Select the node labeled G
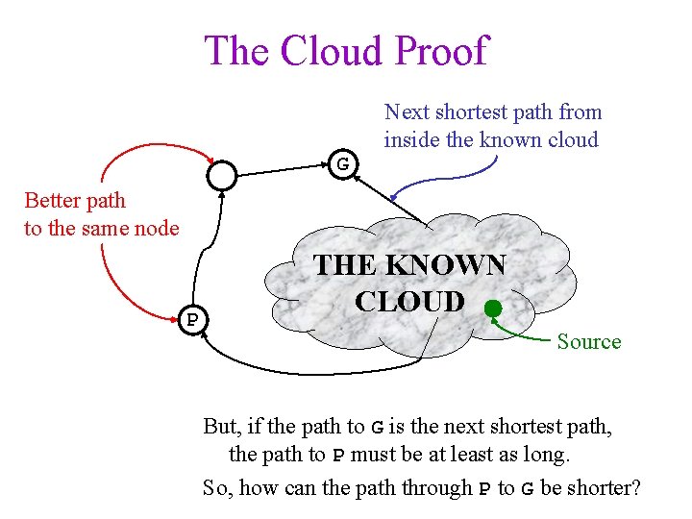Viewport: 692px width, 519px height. (342, 164)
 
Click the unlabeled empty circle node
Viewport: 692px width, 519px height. (222, 175)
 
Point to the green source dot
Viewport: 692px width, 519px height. (492, 309)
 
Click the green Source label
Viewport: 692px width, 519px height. (589, 341)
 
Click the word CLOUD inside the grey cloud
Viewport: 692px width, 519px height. (409, 301)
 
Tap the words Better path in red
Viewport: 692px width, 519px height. (75, 201)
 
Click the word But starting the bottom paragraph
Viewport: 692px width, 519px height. (223, 425)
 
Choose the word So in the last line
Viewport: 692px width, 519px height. (217, 487)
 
